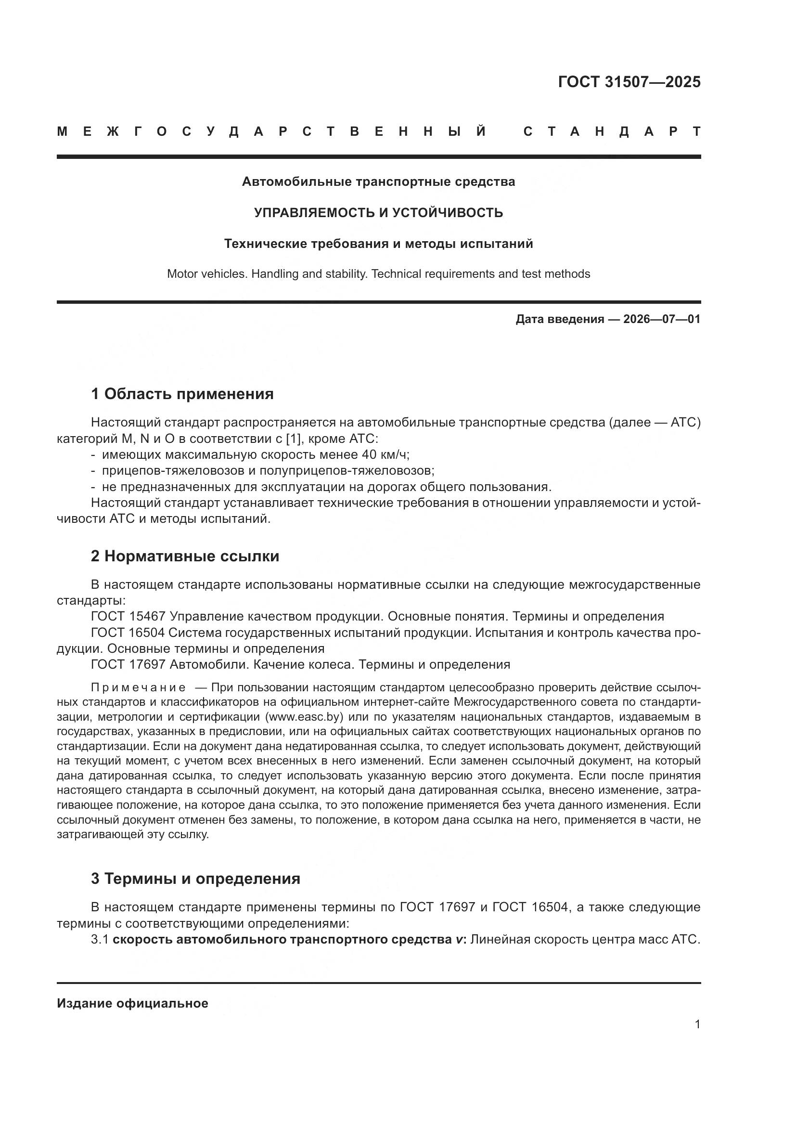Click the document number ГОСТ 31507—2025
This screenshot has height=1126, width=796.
[629, 82]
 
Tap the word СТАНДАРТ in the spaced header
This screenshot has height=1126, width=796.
[612, 131]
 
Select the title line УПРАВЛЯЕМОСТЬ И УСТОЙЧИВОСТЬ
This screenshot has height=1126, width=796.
[378, 213]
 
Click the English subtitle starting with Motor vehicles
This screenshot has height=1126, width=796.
[378, 273]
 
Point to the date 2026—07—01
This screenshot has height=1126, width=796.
[662, 319]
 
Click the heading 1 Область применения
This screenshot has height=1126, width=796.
[182, 393]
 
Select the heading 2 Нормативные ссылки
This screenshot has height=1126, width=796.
[185, 556]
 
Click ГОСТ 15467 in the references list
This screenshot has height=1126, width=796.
[128, 617]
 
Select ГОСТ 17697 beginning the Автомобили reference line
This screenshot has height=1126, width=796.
[128, 664]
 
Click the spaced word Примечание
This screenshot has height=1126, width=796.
[138, 687]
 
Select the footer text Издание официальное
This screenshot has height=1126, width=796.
[132, 1003]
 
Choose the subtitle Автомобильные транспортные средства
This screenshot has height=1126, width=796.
[378, 182]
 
